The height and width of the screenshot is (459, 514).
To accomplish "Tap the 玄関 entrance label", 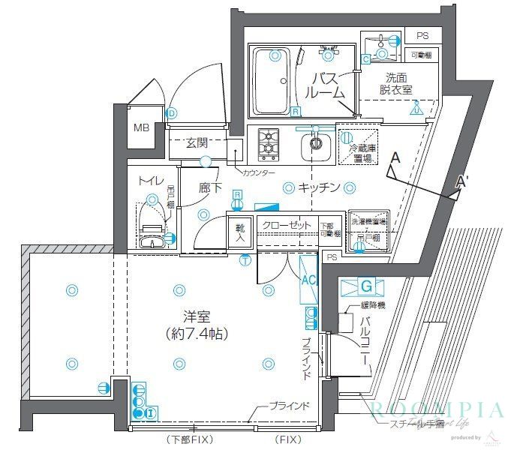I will tap(197, 143).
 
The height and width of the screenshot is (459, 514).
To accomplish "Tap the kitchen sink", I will tap(316, 148).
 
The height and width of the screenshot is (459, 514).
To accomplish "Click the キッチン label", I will tap(319, 187).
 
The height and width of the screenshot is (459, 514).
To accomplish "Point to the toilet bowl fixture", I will tap(153, 224).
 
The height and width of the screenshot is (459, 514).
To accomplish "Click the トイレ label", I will tap(146, 181).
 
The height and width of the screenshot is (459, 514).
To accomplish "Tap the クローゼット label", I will tap(286, 225).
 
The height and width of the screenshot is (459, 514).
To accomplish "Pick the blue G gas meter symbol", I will tap(365, 286).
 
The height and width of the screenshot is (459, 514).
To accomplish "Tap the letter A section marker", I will tap(395, 158).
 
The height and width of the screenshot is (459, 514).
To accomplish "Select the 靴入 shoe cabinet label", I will tap(240, 232).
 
